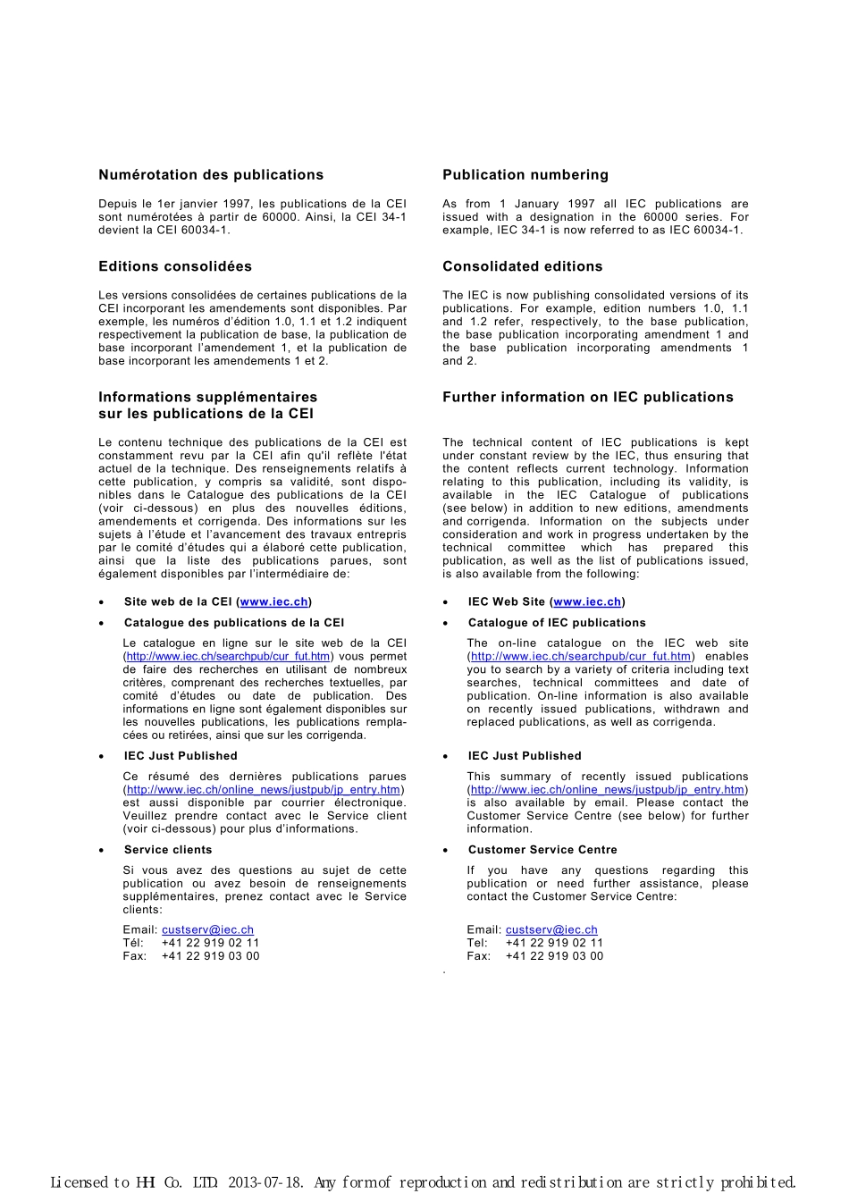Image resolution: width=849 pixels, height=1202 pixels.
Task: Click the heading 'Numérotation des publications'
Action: pos(211,175)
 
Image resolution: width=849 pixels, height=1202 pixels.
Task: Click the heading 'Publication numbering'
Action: pos(525,175)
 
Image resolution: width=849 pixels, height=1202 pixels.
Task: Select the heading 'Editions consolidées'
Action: pos(175,266)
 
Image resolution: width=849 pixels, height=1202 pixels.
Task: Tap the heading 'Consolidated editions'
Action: pos(523,266)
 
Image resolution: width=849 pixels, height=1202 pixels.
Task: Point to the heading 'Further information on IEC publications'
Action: pos(588,398)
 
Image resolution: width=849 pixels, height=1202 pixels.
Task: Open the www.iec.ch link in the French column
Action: pos(274,602)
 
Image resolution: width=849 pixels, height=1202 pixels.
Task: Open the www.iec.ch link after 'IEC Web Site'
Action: pos(587,602)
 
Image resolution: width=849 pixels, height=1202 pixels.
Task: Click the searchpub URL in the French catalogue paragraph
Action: pos(229,657)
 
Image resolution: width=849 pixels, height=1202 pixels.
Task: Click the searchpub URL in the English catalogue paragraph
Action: pos(581,657)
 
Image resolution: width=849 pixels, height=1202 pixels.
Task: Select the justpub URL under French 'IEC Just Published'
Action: pos(264,790)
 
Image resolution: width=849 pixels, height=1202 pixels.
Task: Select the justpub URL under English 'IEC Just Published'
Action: pos(608,790)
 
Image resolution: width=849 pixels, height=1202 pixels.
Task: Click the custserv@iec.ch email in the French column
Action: pos(207,930)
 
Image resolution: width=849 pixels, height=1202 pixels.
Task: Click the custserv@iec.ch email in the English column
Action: pos(551,930)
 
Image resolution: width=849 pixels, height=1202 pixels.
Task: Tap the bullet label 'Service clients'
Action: pos(168,850)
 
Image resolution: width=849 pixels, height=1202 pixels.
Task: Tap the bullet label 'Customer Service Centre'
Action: pos(542,850)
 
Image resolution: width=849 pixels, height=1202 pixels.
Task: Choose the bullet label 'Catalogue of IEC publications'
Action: pos(557,623)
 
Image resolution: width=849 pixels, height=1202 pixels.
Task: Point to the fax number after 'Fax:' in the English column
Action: pos(554,956)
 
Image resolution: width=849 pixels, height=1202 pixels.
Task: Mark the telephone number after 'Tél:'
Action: pos(210,943)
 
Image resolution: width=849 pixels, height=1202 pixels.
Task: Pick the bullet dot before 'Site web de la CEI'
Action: pos(102,603)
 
